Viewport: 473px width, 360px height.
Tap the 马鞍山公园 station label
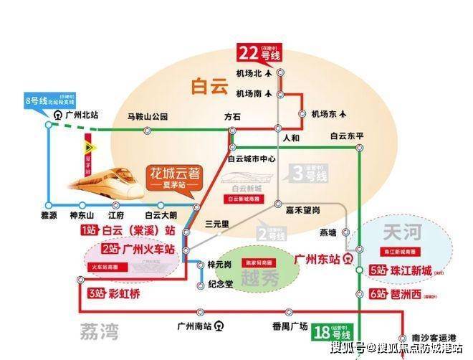tap(147, 117)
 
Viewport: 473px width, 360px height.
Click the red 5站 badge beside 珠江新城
tap(377, 270)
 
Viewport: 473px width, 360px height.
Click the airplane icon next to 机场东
tap(344, 113)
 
